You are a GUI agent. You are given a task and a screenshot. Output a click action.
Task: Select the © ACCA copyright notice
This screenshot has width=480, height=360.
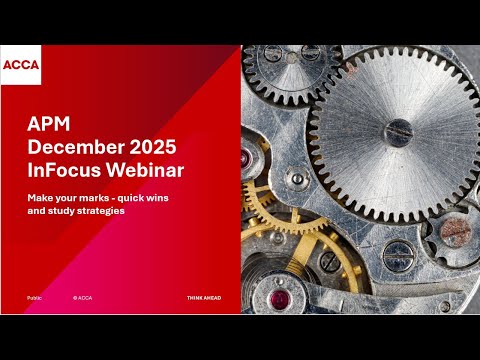[82, 298]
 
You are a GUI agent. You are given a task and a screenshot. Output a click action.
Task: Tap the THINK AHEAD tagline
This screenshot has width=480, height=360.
[204, 298]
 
